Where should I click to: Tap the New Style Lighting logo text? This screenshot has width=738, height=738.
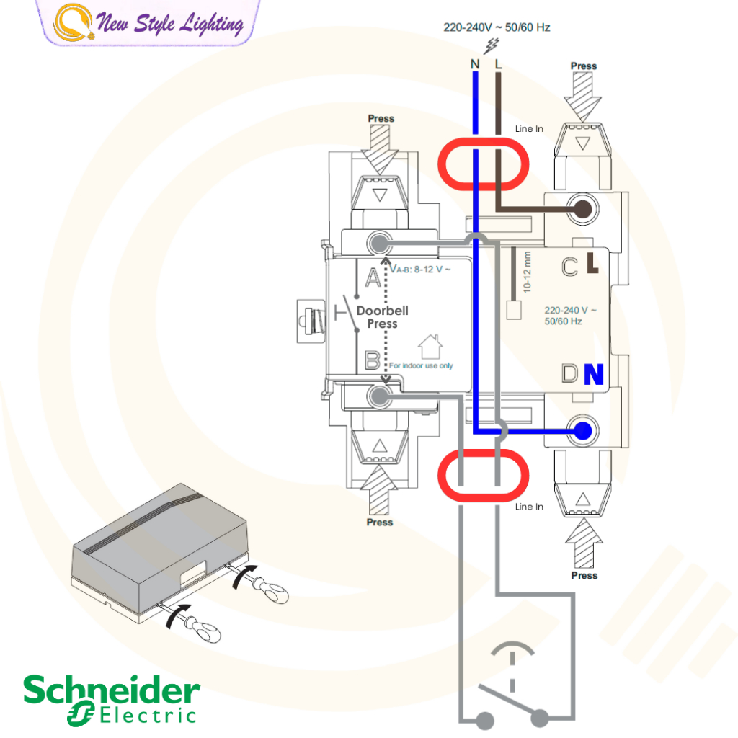(x=169, y=25)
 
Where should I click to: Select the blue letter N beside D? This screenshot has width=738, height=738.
(x=593, y=375)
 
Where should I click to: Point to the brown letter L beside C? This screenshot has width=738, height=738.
(x=592, y=265)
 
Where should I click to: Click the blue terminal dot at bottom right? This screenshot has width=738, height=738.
(x=582, y=431)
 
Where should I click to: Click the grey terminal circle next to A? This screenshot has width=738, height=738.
(x=378, y=243)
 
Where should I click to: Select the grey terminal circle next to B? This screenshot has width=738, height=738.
(x=378, y=396)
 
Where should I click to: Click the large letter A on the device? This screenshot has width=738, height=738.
(x=373, y=277)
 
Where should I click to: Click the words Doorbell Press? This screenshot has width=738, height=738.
(x=383, y=317)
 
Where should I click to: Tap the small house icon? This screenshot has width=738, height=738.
(x=430, y=345)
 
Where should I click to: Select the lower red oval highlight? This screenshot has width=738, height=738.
(x=483, y=476)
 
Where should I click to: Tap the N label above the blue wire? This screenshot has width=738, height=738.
(x=475, y=64)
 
